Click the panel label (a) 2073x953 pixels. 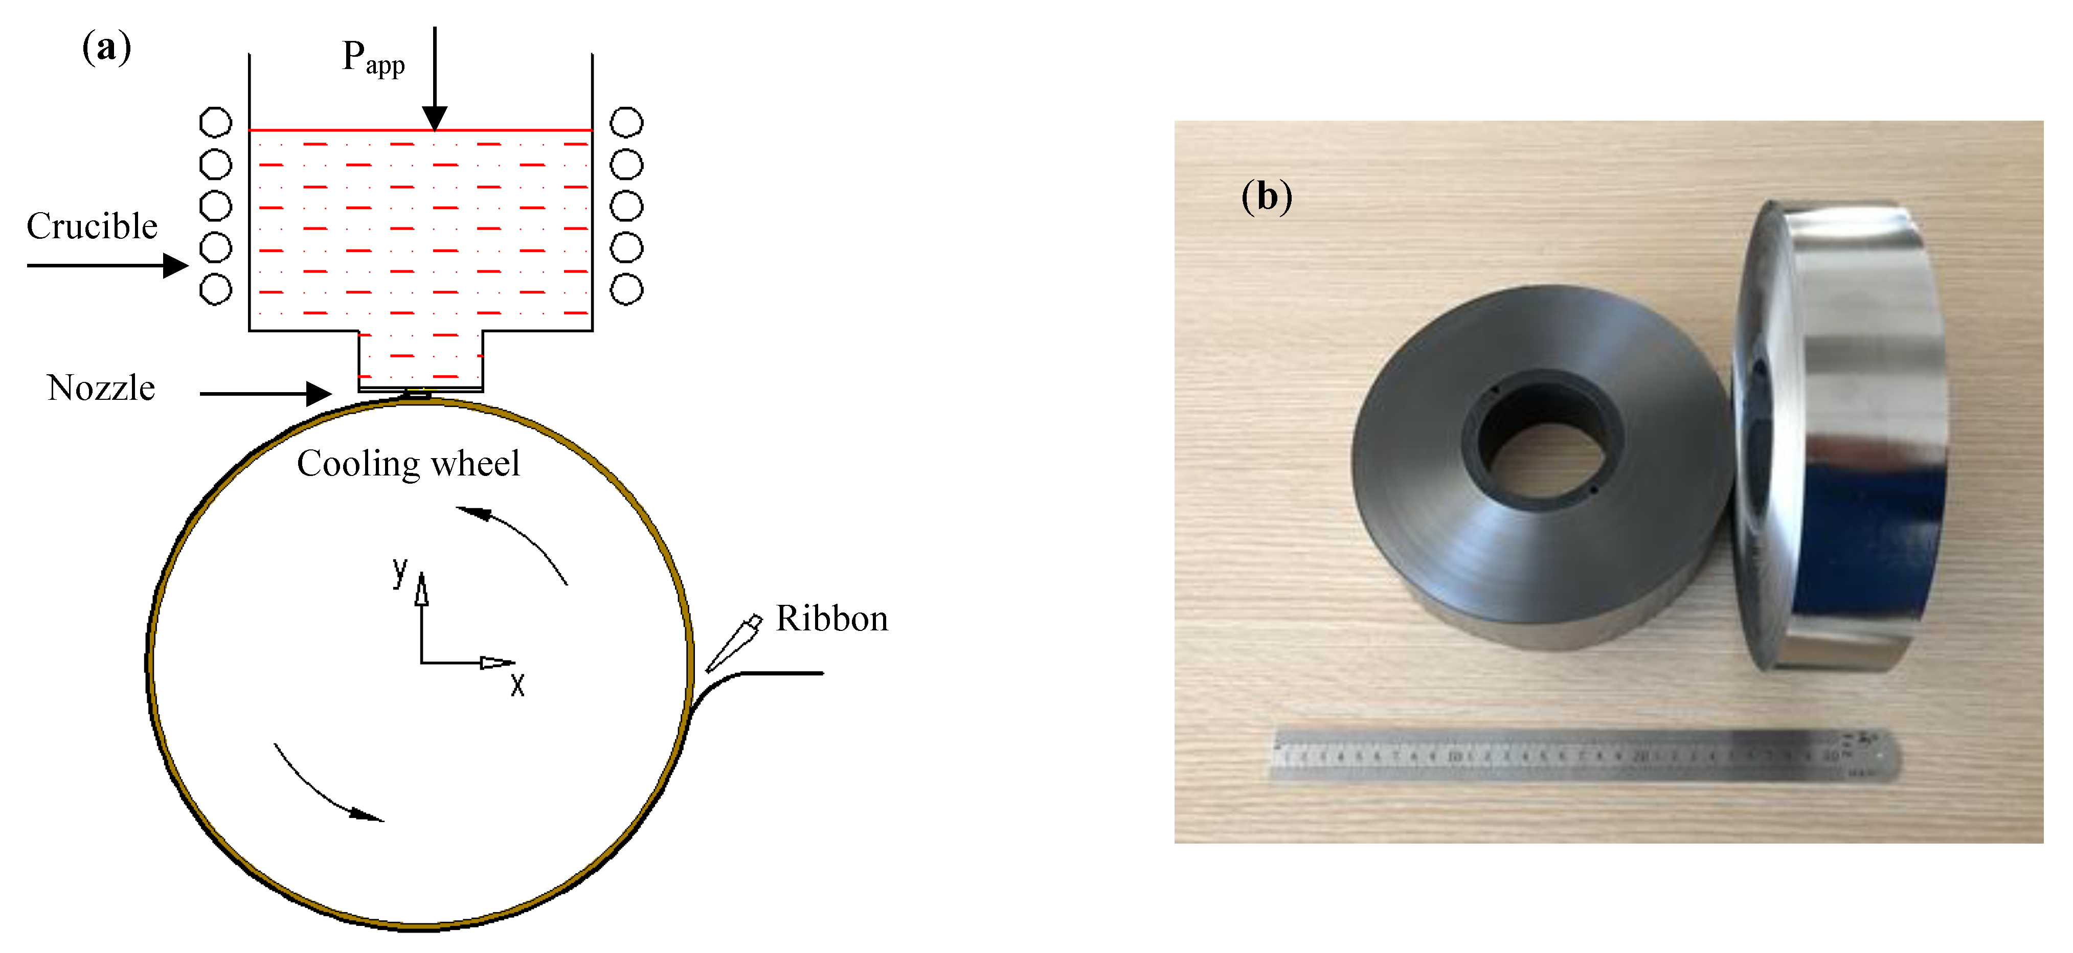pos(106,48)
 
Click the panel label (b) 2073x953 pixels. pos(1266,196)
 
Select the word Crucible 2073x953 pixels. pos(92,226)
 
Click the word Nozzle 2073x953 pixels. pos(101,388)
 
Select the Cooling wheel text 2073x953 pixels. pos(408,464)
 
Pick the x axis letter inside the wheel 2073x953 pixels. pos(517,685)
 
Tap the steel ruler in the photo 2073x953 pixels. pos(1584,755)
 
